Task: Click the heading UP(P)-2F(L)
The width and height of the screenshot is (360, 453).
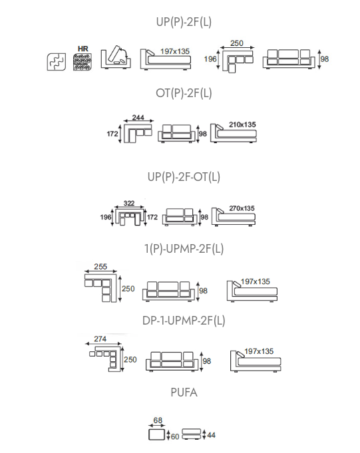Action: (184, 22)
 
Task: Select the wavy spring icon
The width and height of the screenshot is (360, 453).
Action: (57, 62)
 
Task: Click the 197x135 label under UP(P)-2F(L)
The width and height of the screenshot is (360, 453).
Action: (175, 51)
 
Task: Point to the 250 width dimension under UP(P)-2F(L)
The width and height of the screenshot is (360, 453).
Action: (237, 43)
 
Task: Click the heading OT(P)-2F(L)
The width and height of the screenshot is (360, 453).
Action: (184, 93)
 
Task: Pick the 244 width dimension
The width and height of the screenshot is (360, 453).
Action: (138, 117)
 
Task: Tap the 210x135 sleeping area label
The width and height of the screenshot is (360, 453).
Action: (242, 124)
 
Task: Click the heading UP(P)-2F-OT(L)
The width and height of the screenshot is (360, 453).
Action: (184, 177)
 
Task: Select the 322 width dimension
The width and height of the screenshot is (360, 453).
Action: (129, 203)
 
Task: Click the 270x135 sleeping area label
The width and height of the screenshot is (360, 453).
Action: (242, 208)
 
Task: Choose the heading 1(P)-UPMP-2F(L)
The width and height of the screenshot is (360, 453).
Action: (184, 249)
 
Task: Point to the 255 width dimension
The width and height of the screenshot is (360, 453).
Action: (100, 266)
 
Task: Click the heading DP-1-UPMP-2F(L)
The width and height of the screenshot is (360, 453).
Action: (184, 321)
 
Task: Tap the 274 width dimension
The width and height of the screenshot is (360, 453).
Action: (100, 339)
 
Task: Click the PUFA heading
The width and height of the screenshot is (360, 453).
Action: (184, 392)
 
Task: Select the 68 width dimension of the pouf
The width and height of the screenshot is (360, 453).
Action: (158, 420)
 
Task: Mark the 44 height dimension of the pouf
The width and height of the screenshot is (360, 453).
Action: (211, 435)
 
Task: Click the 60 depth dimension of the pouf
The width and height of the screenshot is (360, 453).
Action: (175, 436)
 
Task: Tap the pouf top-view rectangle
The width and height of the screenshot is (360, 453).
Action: (156, 434)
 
